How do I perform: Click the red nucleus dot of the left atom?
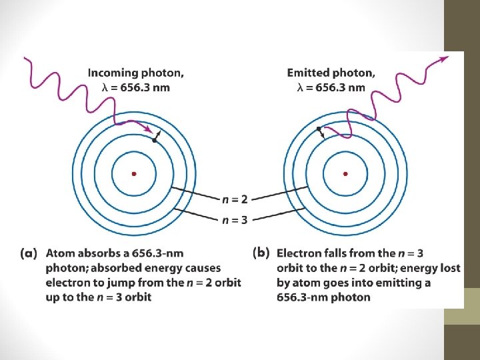click(x=134, y=173)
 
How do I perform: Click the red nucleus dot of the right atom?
click(x=345, y=173)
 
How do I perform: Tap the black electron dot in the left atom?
click(x=155, y=140)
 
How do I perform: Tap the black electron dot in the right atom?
click(x=319, y=128)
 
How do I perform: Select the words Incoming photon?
click(x=136, y=72)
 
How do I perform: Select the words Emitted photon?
click(x=331, y=72)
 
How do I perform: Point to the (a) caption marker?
click(x=29, y=253)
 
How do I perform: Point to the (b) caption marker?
click(x=261, y=253)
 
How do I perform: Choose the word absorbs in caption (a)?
click(x=97, y=253)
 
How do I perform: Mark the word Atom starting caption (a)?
click(x=59, y=253)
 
